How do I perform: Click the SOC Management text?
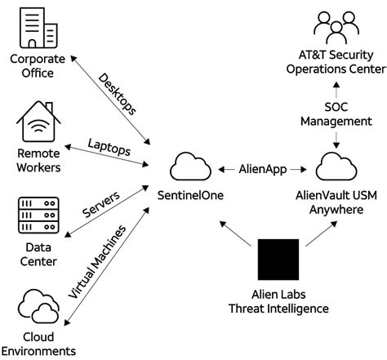336,113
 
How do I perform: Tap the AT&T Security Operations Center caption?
336,62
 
